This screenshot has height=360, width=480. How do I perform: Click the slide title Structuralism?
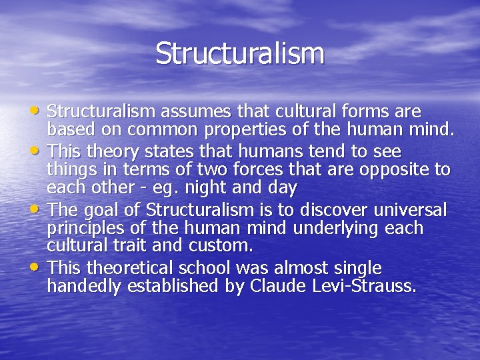240,54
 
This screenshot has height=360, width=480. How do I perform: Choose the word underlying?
332,229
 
